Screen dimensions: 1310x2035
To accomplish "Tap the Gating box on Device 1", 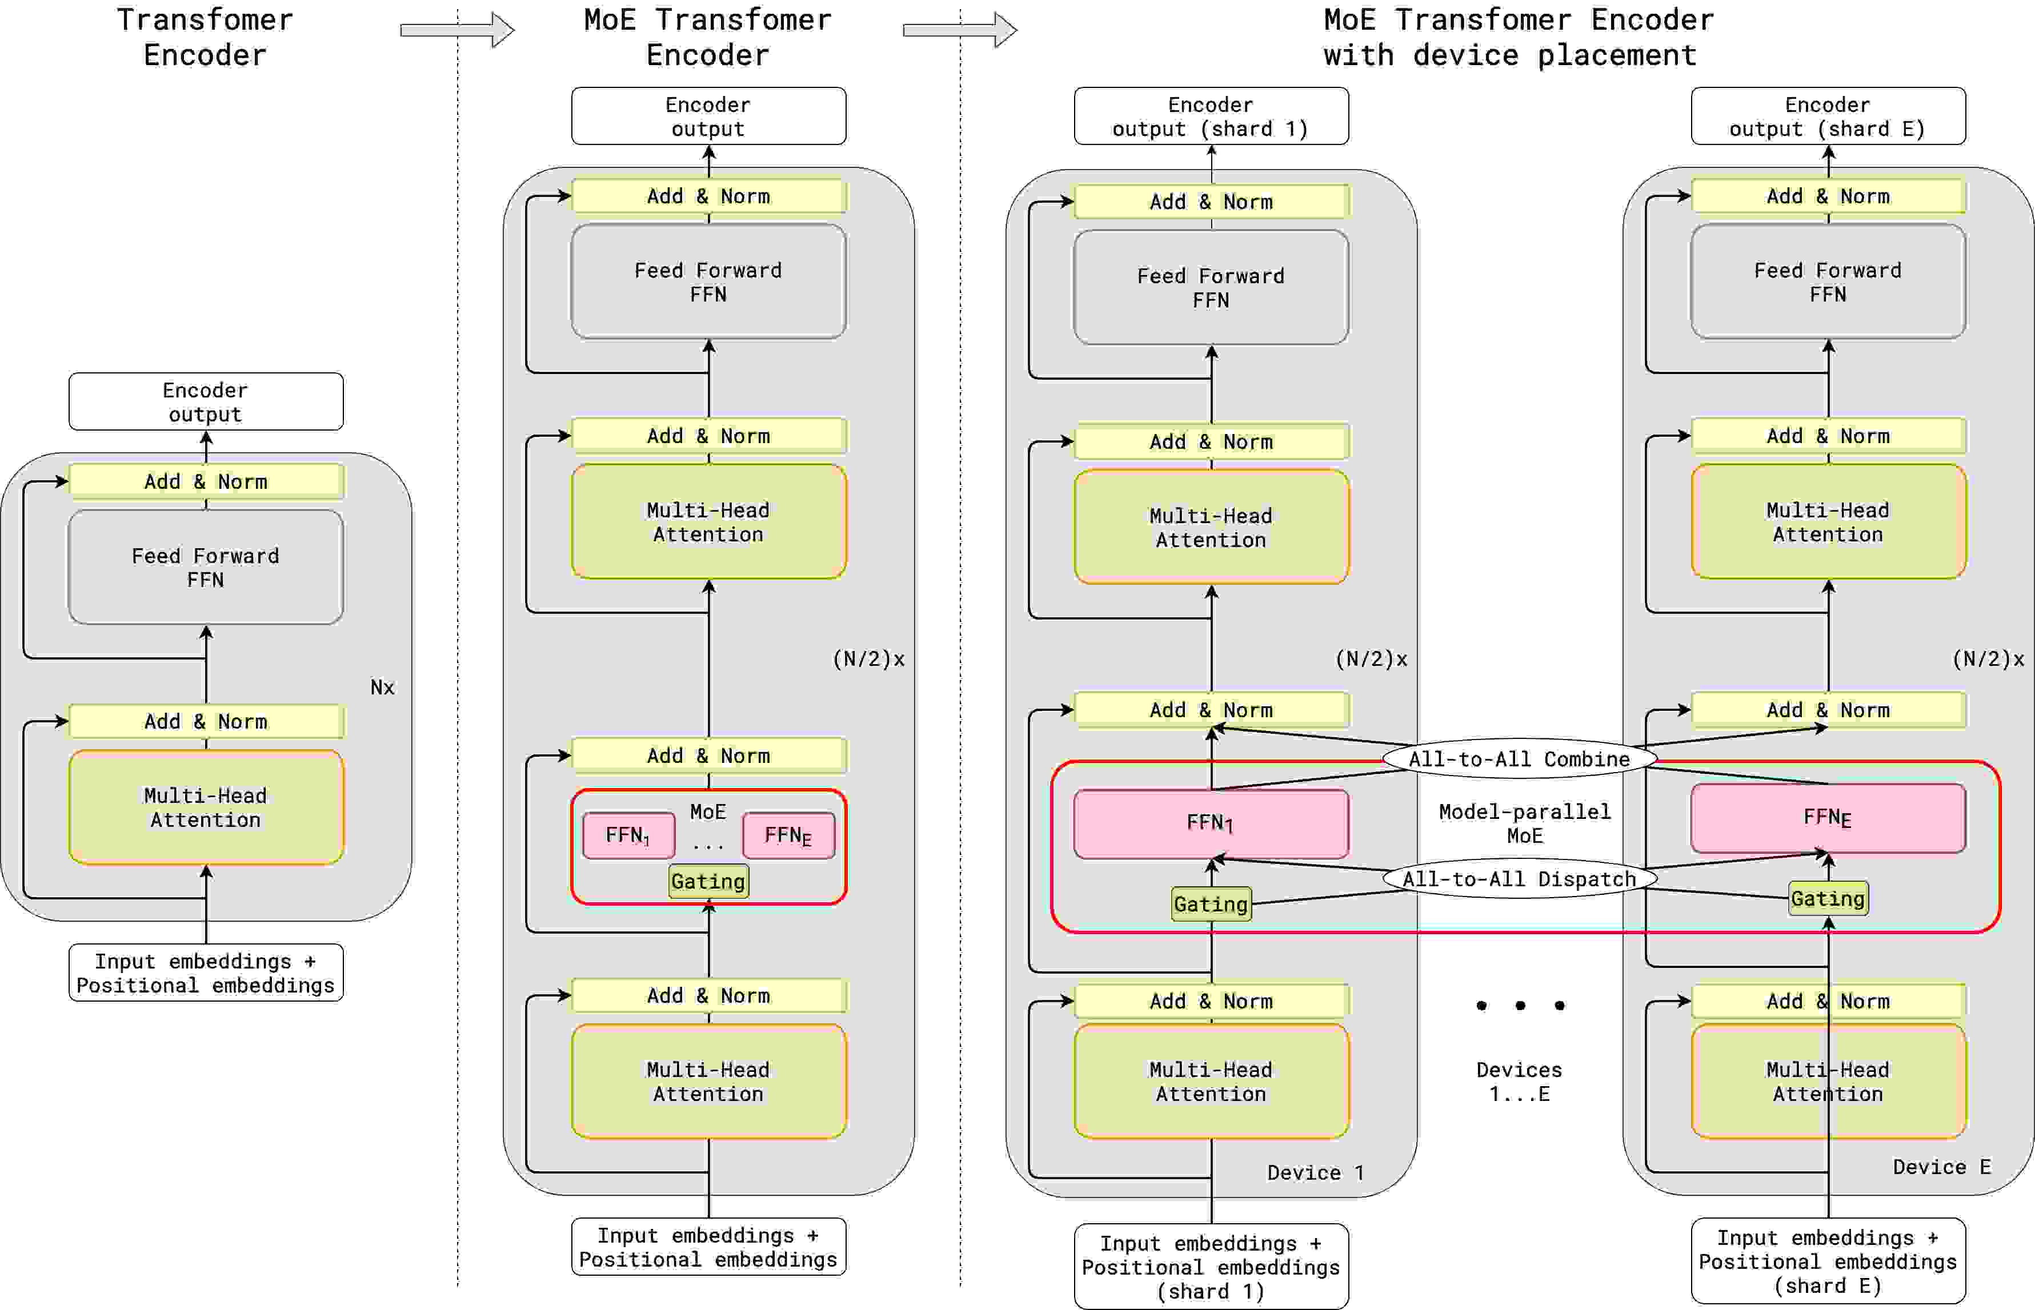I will (x=1211, y=904).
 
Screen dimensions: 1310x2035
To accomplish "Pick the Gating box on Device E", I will (x=1828, y=898).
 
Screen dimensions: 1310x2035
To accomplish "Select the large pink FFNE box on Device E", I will (x=1828, y=818).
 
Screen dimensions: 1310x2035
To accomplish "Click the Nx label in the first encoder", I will (x=382, y=688).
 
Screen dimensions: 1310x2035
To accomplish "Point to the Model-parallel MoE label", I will (x=1524, y=823).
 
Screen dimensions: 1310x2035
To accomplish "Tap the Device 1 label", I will (x=1315, y=1173).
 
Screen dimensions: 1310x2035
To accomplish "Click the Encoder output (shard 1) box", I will (x=1211, y=116).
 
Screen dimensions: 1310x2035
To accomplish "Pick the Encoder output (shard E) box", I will (x=1828, y=116).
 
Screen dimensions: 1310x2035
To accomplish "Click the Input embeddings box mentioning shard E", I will (x=1828, y=1261).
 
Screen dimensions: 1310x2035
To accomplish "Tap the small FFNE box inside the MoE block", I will (x=788, y=835).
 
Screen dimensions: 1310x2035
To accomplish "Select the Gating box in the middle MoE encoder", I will (x=708, y=881).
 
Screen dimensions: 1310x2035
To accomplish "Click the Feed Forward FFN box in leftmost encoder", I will (x=205, y=568).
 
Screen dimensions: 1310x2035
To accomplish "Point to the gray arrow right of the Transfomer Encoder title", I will (x=457, y=31).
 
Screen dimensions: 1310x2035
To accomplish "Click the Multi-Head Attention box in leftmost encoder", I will (x=205, y=807).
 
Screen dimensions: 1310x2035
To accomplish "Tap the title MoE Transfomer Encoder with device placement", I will (x=1518, y=38).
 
